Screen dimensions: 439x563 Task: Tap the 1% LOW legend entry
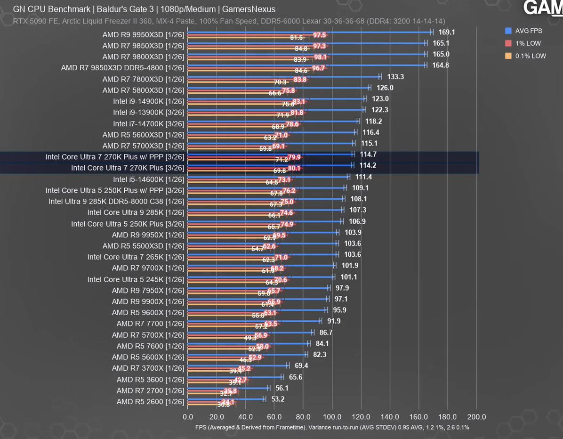[528, 43]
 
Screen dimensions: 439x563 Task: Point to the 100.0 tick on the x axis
[332, 417]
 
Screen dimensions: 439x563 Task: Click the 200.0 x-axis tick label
[476, 417]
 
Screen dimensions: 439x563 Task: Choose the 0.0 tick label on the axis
[188, 417]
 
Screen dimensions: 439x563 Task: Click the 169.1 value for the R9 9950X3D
[447, 33]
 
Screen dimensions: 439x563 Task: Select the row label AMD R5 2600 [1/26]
[150, 402]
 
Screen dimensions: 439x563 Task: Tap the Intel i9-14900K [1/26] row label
[148, 101]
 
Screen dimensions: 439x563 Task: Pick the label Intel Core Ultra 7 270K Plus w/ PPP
[115, 157]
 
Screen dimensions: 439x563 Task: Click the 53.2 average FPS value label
[278, 399]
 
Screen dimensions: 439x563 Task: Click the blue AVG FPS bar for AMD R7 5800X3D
[282, 88]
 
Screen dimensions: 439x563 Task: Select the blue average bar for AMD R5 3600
[235, 377]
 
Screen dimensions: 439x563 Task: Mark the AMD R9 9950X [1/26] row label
[148, 235]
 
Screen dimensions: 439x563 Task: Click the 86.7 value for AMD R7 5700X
[326, 333]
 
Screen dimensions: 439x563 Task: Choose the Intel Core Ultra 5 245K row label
[136, 280]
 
